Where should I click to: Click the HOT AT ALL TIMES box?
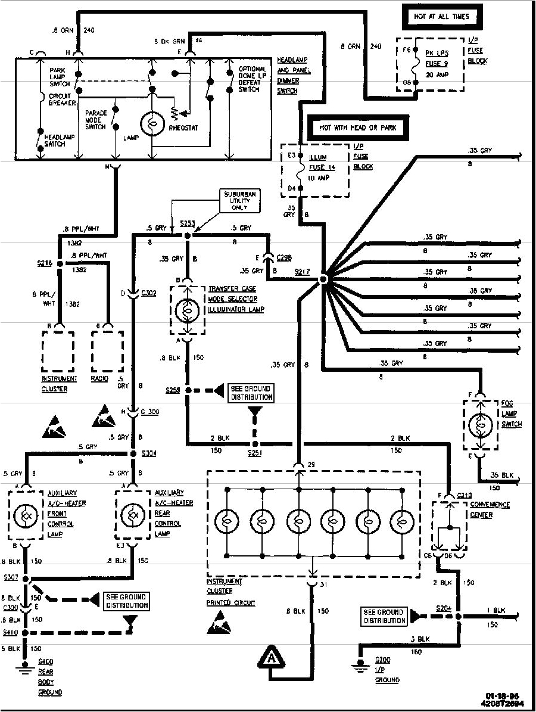441,17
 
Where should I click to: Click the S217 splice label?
303,272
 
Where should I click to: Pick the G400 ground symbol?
25,666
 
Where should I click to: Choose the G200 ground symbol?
359,666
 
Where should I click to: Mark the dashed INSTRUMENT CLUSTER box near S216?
58,351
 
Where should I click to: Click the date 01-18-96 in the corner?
499,694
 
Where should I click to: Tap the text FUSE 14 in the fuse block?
322,167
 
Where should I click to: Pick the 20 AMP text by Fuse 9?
437,74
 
